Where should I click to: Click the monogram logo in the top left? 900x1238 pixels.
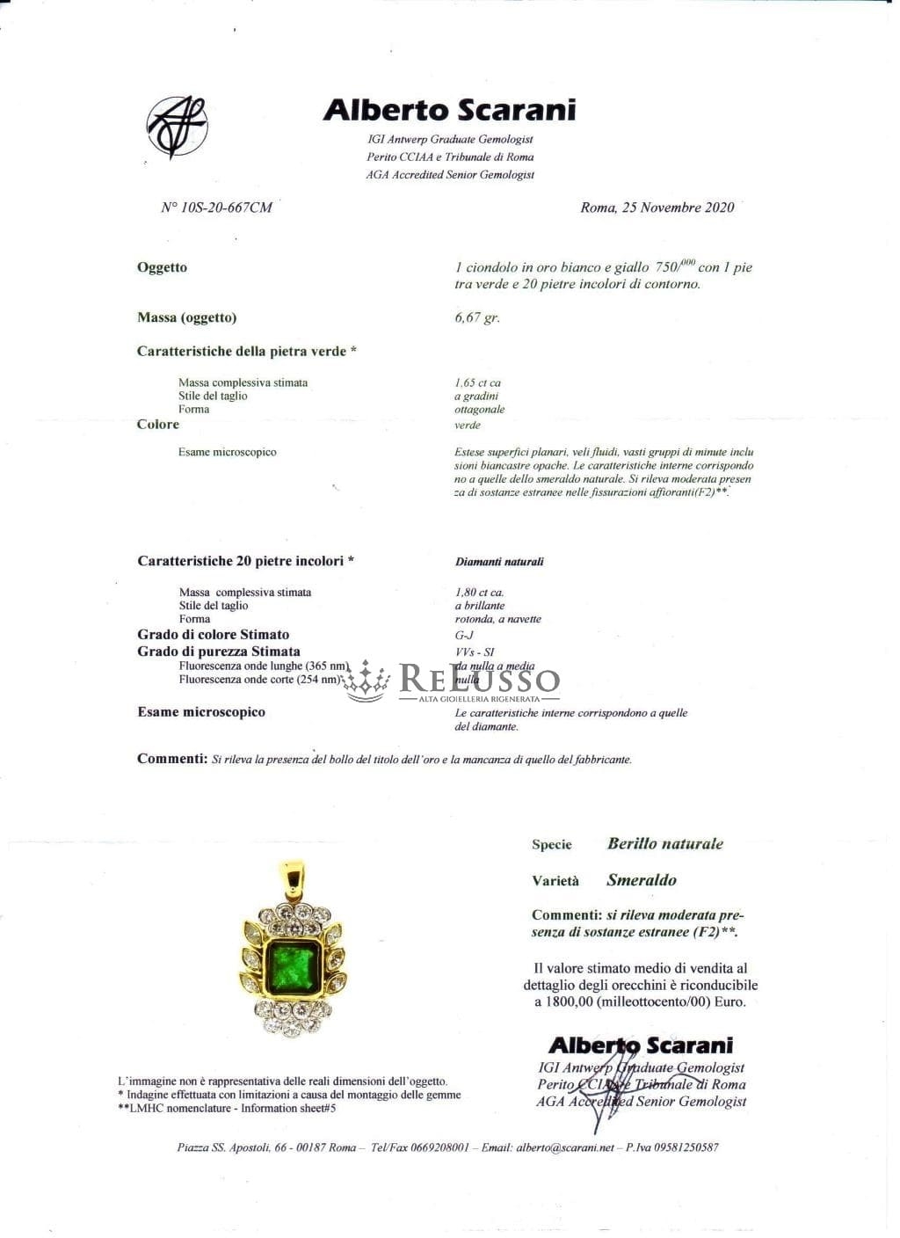(177, 126)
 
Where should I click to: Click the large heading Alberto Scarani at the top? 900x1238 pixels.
(449, 110)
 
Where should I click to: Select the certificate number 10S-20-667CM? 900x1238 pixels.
(216, 208)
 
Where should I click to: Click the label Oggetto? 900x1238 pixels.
(162, 267)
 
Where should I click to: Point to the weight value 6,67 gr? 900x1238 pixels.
(476, 317)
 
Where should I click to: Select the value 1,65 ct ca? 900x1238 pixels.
(477, 382)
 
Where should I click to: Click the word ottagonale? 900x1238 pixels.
(479, 409)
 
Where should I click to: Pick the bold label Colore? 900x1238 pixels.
(158, 424)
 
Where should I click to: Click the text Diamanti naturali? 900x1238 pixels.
(499, 561)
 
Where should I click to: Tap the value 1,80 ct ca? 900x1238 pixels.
(479, 592)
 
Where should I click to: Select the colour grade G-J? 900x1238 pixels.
(464, 634)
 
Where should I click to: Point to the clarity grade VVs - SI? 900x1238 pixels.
(475, 652)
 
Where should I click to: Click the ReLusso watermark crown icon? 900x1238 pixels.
(367, 680)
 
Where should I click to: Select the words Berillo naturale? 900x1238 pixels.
(664, 843)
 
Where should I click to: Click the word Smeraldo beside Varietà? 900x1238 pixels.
(642, 880)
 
